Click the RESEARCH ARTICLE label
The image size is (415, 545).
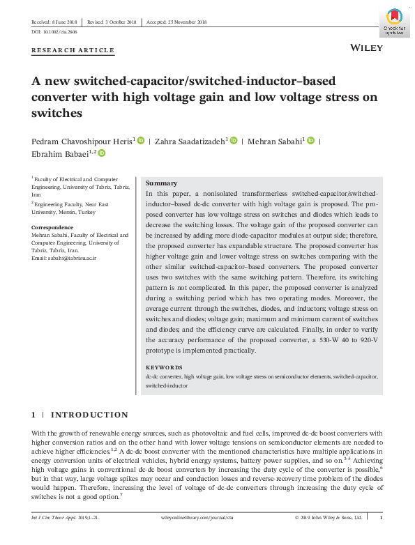coord(73,51)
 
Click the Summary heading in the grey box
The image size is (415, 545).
coord(161,183)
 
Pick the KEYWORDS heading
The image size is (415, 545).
coord(164,367)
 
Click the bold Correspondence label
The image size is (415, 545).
coord(52,228)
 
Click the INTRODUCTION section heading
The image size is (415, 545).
coord(89,415)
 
